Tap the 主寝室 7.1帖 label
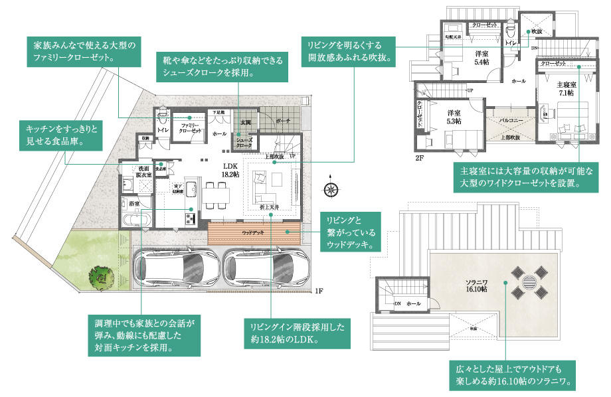[x=565, y=89]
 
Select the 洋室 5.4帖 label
[x=482, y=57]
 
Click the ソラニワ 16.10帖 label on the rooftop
[x=475, y=286]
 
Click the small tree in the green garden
[x=100, y=278]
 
